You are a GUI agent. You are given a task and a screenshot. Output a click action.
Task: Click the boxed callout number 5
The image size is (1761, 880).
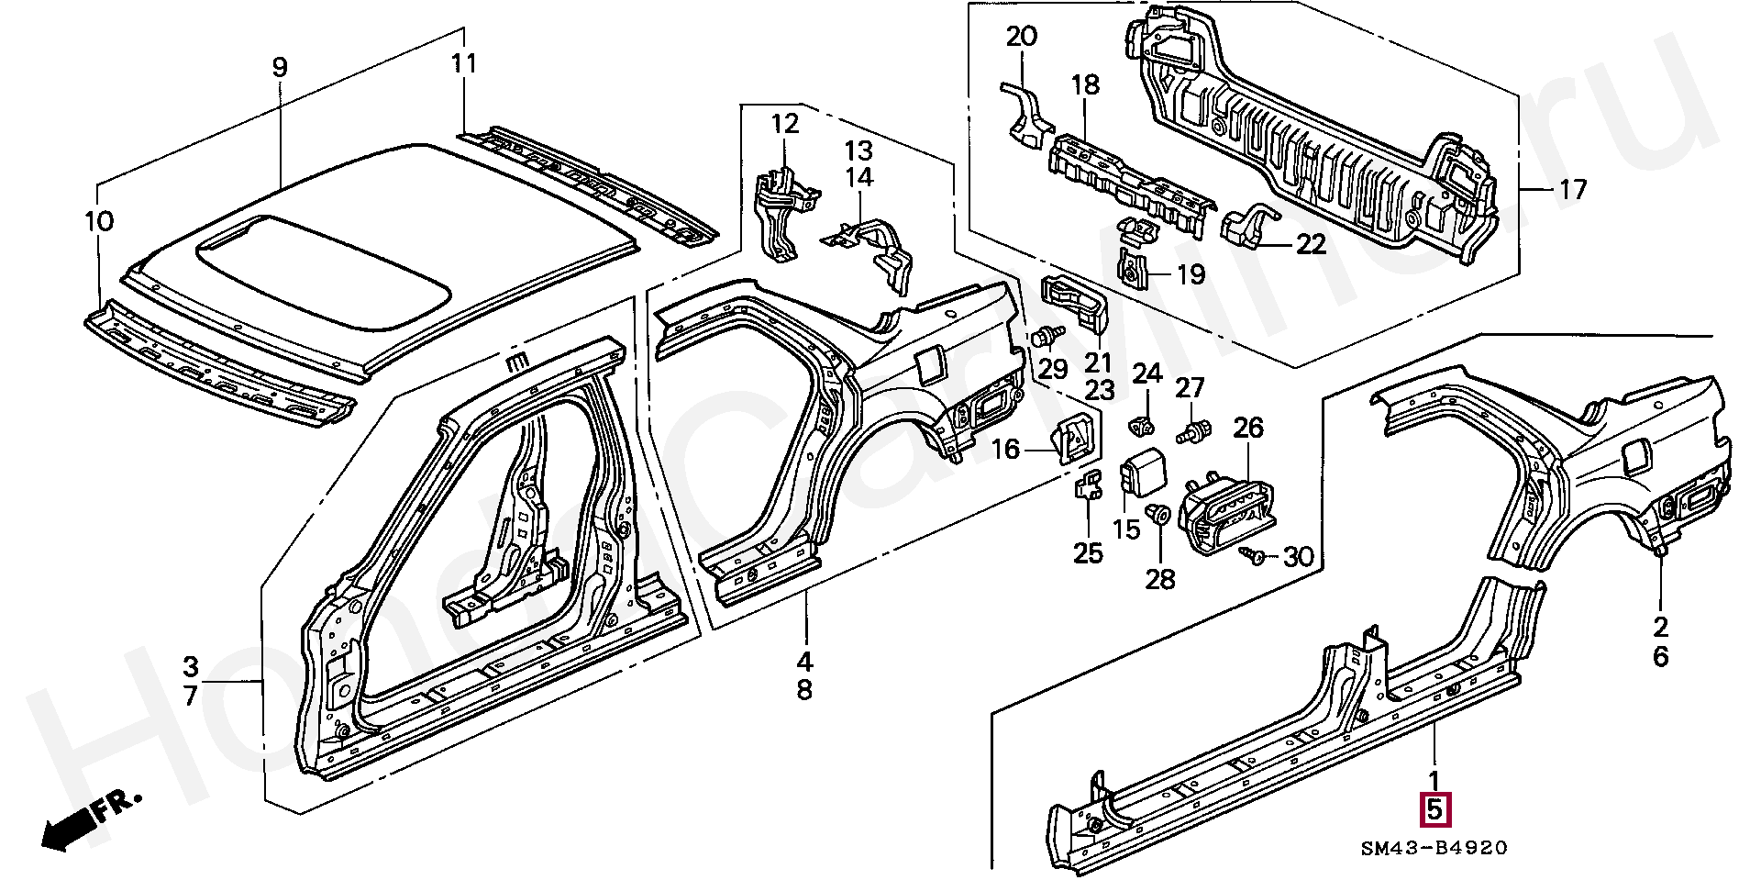pyautogui.click(x=1435, y=809)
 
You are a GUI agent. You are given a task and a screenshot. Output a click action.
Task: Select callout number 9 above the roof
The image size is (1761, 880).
pyautogui.click(x=280, y=67)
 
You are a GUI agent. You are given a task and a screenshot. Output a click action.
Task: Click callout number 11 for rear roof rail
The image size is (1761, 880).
pyautogui.click(x=464, y=64)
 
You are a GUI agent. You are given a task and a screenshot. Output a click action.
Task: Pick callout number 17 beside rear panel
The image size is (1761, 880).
pyautogui.click(x=1572, y=190)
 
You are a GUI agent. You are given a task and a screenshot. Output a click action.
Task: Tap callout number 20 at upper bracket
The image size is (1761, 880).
pyautogui.click(x=1022, y=37)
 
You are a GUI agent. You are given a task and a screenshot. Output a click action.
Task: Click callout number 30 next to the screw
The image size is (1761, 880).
pyautogui.click(x=1298, y=556)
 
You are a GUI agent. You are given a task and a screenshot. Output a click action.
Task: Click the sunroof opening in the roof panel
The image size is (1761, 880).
pyautogui.click(x=326, y=272)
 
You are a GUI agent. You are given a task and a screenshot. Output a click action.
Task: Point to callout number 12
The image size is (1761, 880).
pyautogui.click(x=785, y=123)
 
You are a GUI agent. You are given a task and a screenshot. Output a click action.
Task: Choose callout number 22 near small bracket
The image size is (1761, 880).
pyautogui.click(x=1312, y=244)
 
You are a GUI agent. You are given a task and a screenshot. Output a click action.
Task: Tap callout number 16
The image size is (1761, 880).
pyautogui.click(x=1006, y=449)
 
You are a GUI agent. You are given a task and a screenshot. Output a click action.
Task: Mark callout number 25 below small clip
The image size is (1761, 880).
pyautogui.click(x=1089, y=553)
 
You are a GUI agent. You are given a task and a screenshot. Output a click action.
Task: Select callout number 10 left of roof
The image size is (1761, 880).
pyautogui.click(x=99, y=221)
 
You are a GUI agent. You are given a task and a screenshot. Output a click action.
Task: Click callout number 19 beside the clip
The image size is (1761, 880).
pyautogui.click(x=1191, y=273)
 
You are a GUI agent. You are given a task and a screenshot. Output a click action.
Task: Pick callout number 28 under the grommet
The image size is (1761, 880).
pyautogui.click(x=1160, y=579)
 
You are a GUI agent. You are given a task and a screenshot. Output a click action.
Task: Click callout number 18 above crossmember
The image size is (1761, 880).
pyautogui.click(x=1084, y=85)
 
